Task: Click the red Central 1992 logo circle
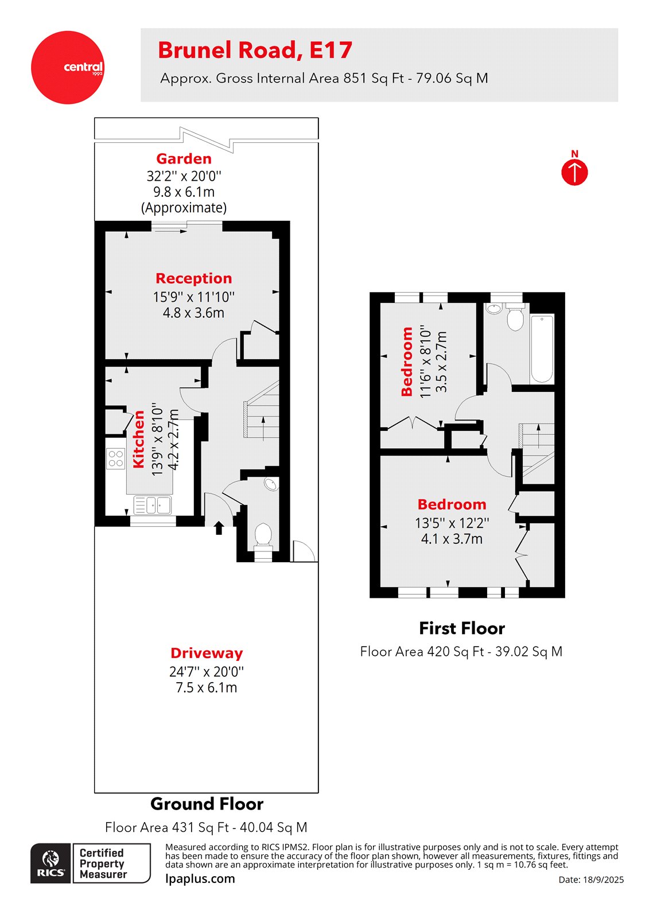click(68, 68)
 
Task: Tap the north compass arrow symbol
click(574, 172)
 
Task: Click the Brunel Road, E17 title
click(255, 50)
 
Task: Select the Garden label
click(184, 159)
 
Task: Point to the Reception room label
click(194, 278)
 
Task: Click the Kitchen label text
click(139, 439)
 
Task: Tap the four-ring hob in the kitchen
click(115, 458)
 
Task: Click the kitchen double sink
click(152, 505)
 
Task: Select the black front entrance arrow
click(219, 528)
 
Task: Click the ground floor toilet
click(263, 535)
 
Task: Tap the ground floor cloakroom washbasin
click(271, 485)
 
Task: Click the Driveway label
click(206, 653)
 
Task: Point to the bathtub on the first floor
click(542, 348)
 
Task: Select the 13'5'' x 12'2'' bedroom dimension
click(452, 523)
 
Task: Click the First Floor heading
click(462, 628)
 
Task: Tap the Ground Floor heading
click(207, 804)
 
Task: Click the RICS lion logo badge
click(51, 863)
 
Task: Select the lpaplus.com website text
click(200, 878)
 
